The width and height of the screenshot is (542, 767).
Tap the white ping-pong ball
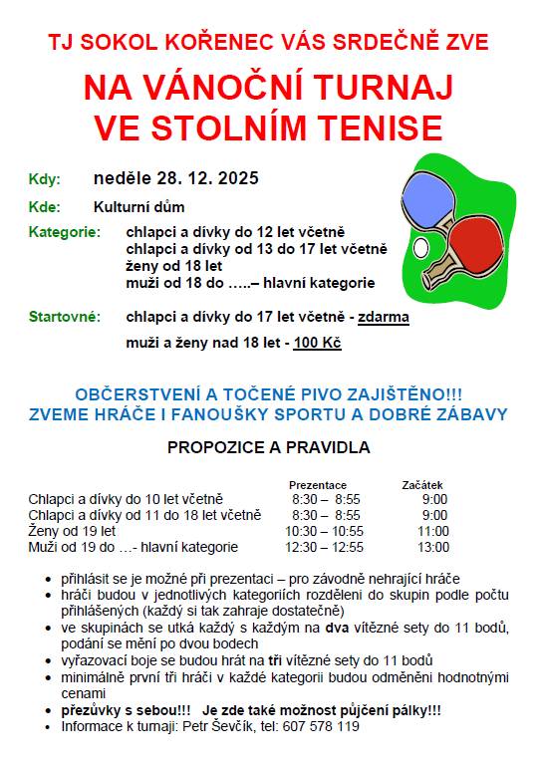tap(419, 244)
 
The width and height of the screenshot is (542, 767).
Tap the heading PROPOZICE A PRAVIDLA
tap(269, 447)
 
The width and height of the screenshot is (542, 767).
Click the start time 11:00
tap(433, 531)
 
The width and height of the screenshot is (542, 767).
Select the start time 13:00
tap(433, 547)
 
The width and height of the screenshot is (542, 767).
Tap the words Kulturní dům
tap(138, 207)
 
